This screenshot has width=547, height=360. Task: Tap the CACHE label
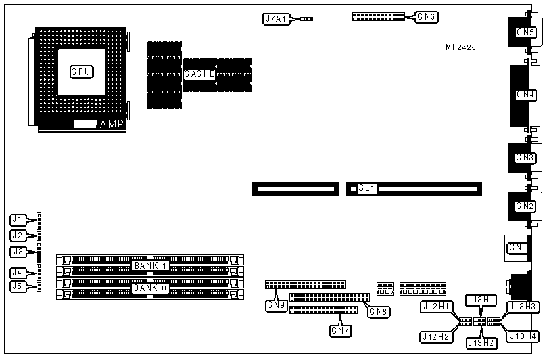click(x=199, y=74)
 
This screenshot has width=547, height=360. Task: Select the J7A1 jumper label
click(x=277, y=19)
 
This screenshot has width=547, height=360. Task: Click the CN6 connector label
click(x=426, y=16)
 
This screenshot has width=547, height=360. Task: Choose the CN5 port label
click(x=525, y=31)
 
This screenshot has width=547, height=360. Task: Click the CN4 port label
click(x=525, y=94)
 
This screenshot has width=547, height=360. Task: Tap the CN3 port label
click(x=525, y=158)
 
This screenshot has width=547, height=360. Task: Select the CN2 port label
click(x=525, y=206)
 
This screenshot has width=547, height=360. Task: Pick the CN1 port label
click(x=518, y=248)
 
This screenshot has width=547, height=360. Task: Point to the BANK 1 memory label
click(x=150, y=265)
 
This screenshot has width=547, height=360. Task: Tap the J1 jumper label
click(x=18, y=219)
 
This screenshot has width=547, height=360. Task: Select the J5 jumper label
click(x=18, y=286)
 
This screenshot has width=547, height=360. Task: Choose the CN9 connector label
click(x=276, y=305)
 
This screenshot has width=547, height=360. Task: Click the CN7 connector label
click(x=339, y=330)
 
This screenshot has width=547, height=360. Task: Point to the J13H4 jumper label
click(x=523, y=336)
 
